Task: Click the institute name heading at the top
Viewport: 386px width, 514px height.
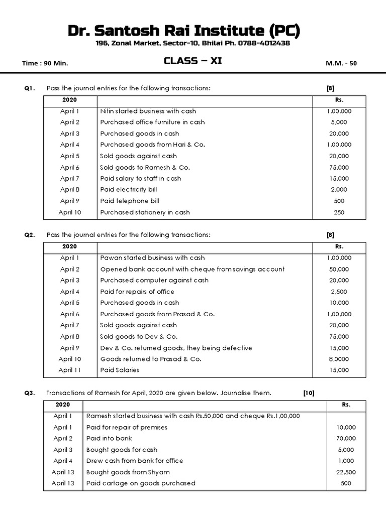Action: (184, 31)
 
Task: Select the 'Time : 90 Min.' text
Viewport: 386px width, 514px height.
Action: (45, 64)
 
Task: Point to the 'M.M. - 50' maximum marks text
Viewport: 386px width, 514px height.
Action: (342, 64)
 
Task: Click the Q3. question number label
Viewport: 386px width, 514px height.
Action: (30, 393)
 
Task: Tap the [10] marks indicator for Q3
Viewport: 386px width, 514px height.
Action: (309, 393)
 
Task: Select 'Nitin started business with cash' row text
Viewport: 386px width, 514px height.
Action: (148, 111)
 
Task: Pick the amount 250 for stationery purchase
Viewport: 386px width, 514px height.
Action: (339, 212)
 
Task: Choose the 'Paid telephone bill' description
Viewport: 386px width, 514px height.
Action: (130, 201)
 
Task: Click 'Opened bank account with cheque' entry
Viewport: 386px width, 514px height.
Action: (192, 269)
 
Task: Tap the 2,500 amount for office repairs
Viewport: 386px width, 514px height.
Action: (339, 292)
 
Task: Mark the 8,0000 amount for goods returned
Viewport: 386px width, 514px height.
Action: (339, 359)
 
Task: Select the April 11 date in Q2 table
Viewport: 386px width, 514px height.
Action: (70, 370)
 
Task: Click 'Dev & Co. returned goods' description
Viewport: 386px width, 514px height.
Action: (176, 348)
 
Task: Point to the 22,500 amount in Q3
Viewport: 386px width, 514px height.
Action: (346, 472)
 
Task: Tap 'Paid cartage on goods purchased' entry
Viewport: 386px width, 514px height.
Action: (141, 483)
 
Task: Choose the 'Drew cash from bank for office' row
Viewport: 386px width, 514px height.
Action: (134, 461)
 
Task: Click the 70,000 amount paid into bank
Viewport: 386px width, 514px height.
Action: (346, 439)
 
